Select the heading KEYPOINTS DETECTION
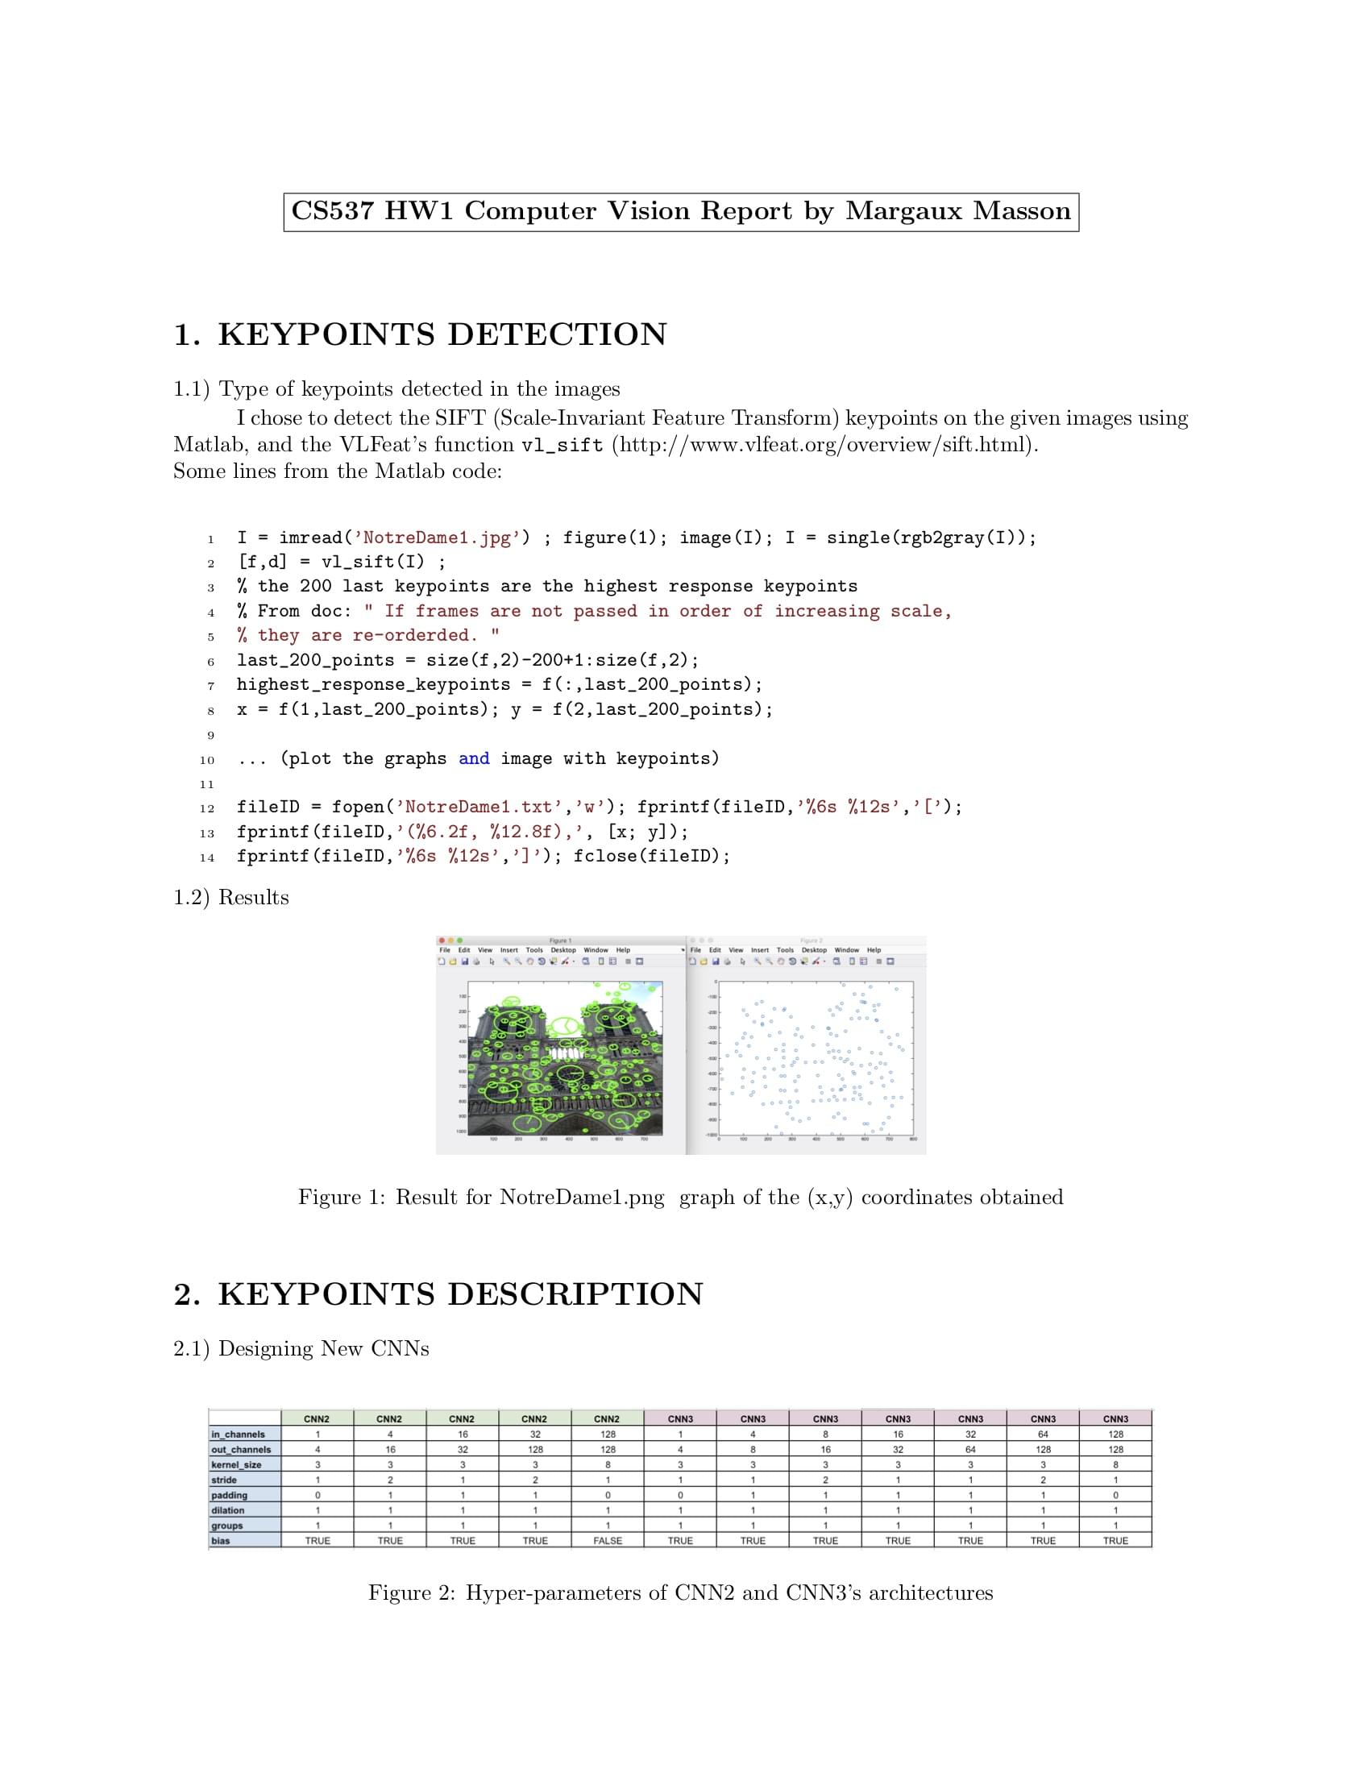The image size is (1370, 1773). point(442,334)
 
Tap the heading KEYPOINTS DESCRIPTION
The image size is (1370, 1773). point(460,1294)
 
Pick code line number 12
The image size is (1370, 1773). point(207,808)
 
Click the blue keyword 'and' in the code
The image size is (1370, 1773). point(474,758)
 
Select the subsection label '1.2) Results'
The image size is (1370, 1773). point(231,897)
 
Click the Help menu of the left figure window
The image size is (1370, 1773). point(622,950)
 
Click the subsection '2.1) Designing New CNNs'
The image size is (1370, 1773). point(301,1348)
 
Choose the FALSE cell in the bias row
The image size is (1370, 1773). point(607,1540)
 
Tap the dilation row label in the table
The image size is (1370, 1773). point(227,1510)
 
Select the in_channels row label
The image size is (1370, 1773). point(238,1435)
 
